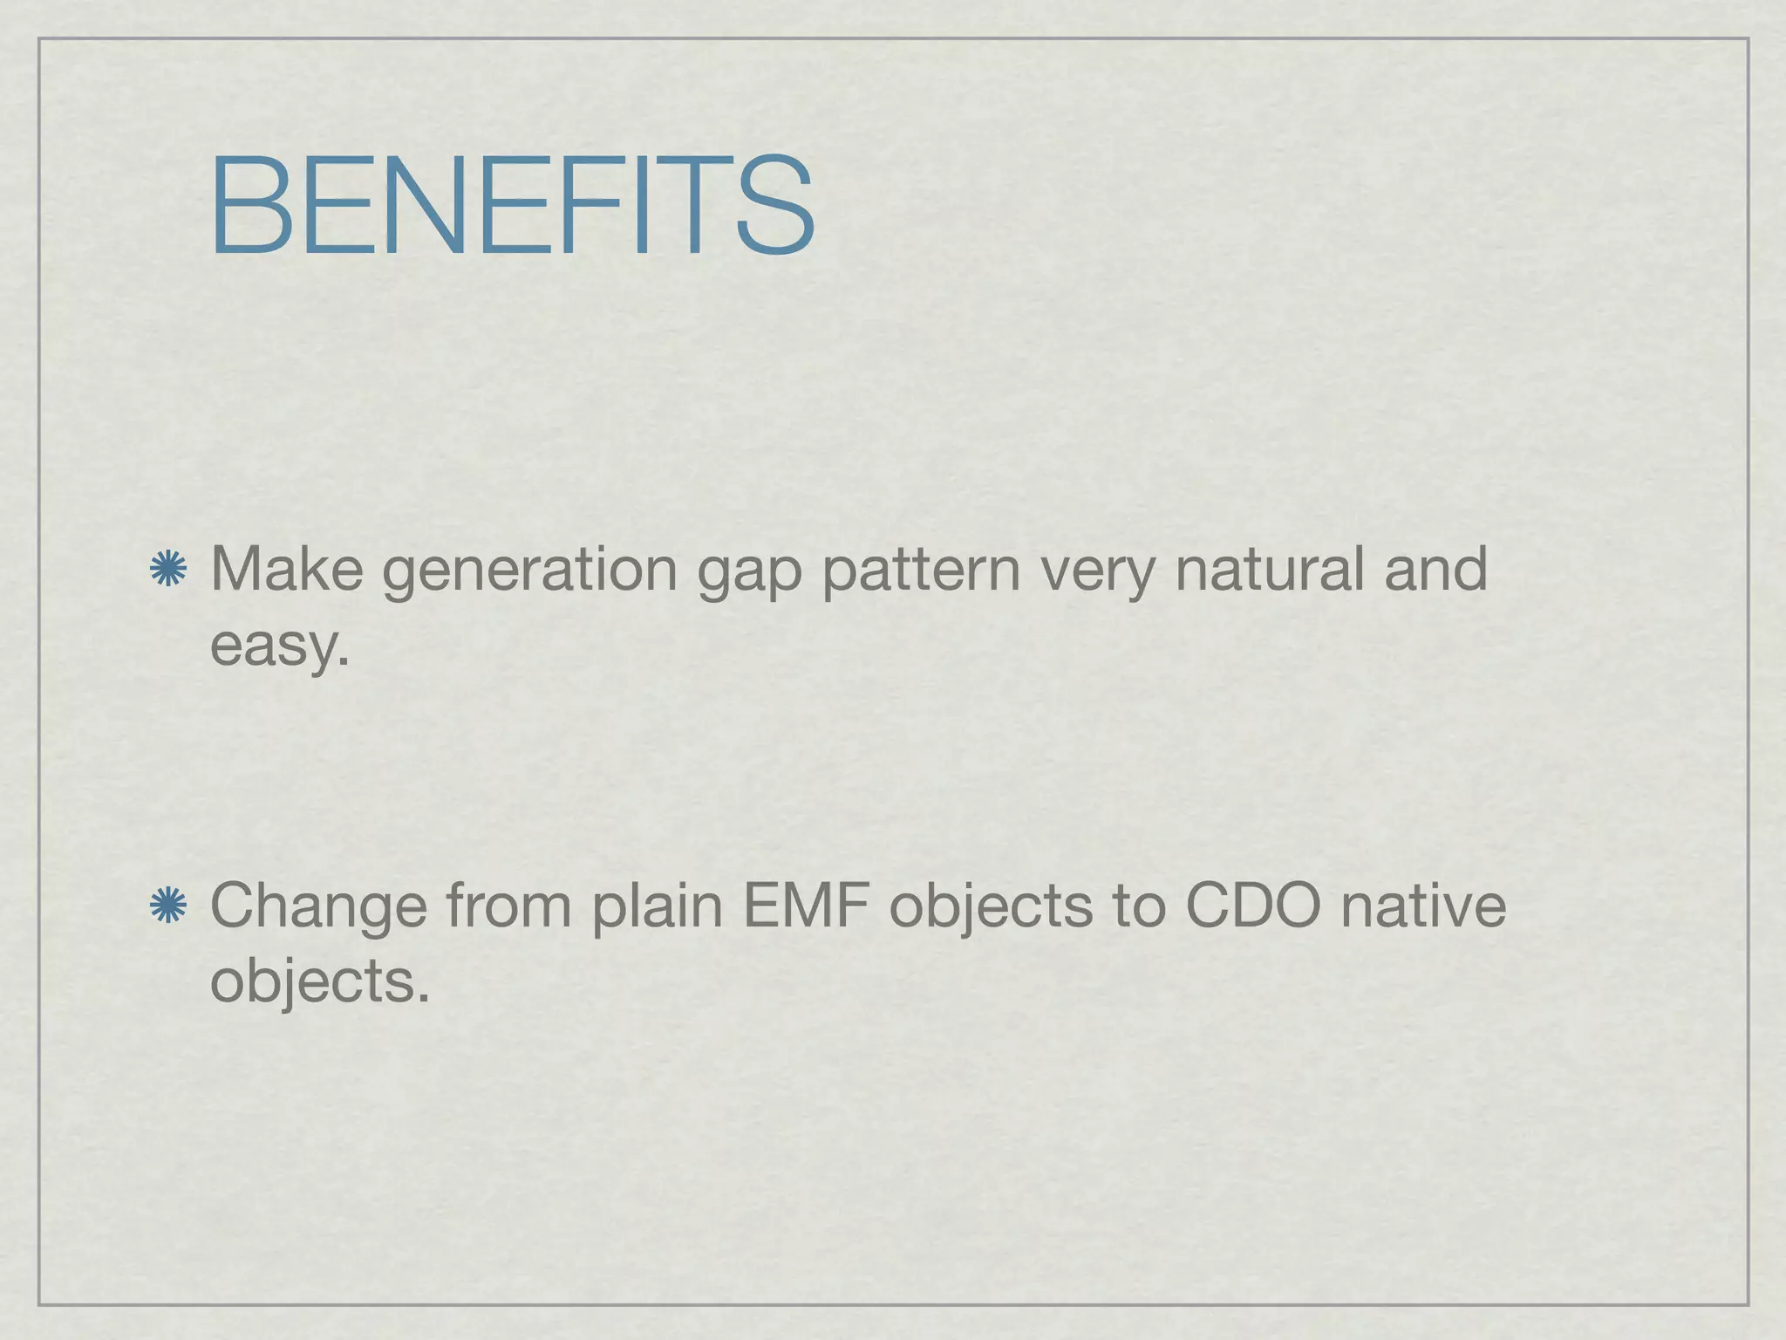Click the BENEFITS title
tap(513, 206)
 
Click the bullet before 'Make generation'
tap(167, 570)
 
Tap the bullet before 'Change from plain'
tap(167, 906)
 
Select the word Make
tap(287, 569)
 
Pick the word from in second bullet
tap(508, 906)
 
